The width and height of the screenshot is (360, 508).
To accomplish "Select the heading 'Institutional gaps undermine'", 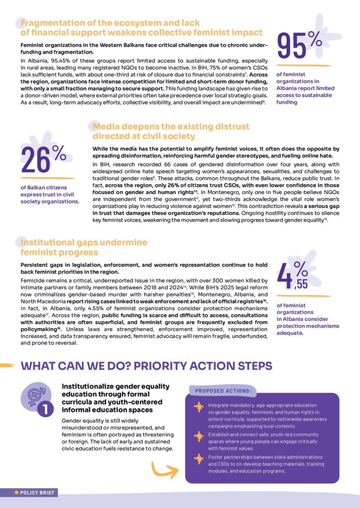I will tap(83, 242).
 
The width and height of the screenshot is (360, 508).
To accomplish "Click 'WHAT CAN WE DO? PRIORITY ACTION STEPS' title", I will tap(146, 366).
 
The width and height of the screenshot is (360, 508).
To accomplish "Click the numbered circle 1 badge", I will tap(45, 410).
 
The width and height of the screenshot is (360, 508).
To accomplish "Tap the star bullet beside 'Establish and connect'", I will tap(199, 436).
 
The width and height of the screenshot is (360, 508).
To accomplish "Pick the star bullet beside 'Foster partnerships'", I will tap(199, 459).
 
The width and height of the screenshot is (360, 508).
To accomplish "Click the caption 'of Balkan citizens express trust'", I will tap(50, 194).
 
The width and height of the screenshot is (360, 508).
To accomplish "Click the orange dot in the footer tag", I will tap(17, 493).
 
